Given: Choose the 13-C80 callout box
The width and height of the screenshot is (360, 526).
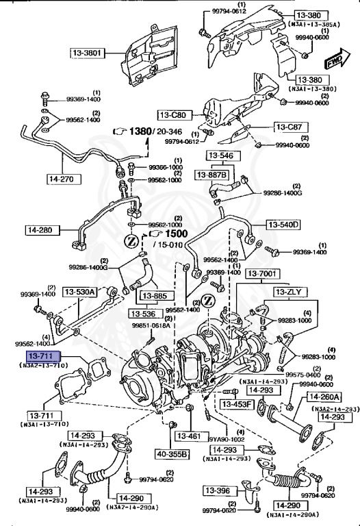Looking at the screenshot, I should [175, 115].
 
